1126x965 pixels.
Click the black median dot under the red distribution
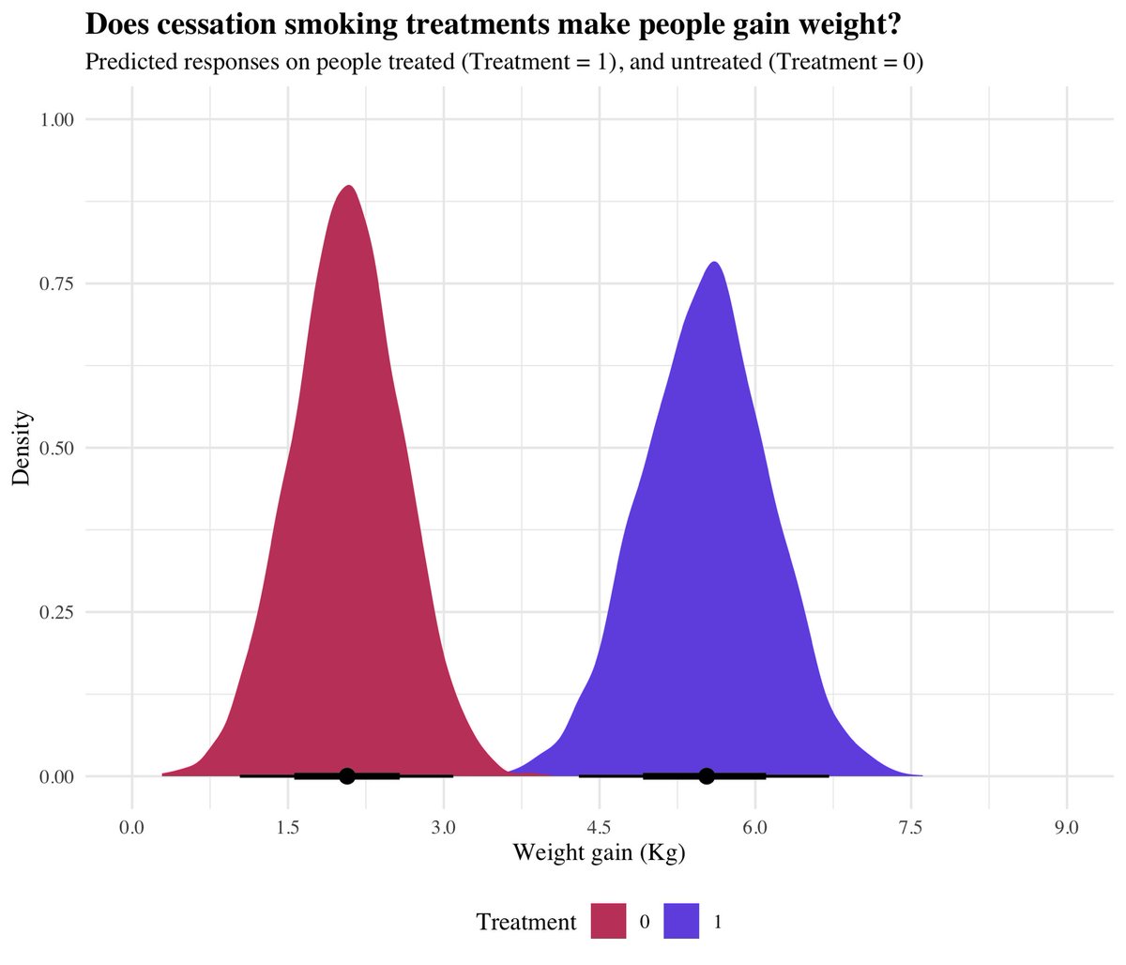(x=346, y=775)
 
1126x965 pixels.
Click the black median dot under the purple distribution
(x=707, y=775)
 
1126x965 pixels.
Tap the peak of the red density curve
(x=349, y=187)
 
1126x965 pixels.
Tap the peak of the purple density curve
(x=715, y=263)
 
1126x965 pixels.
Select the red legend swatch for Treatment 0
(x=608, y=921)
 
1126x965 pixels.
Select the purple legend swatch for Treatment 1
(x=681, y=921)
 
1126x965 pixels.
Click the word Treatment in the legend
(x=525, y=922)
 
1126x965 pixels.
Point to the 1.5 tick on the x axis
(x=287, y=827)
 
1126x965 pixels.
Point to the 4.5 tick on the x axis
(x=599, y=827)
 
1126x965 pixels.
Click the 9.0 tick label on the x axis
(x=1067, y=827)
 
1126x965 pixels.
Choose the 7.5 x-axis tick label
(x=910, y=827)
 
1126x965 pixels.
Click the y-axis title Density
(x=22, y=448)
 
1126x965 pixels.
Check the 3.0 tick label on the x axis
(x=443, y=827)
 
